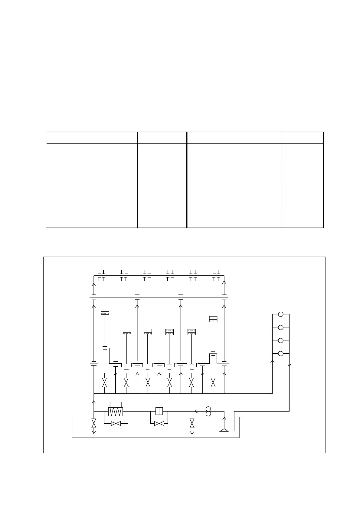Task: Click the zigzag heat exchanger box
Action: coord(115,412)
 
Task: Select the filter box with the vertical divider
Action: coord(159,411)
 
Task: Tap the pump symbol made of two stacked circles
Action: coord(208,411)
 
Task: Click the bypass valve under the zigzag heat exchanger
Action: coord(116,423)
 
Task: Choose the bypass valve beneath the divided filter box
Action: coord(159,423)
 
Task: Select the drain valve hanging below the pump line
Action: coord(192,423)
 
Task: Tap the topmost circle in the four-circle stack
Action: coord(281,314)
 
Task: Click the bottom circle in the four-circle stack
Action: coord(281,353)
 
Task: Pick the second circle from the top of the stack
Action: coord(281,327)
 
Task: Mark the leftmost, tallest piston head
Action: coord(105,314)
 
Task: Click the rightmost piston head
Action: coord(213,319)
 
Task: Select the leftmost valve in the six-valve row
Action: coord(105,383)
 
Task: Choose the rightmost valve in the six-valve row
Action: coord(213,383)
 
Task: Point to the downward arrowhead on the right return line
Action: coord(289,365)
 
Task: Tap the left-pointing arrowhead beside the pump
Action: coord(196,411)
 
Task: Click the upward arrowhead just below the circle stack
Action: coord(273,361)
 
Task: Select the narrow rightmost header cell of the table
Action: coord(302,138)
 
